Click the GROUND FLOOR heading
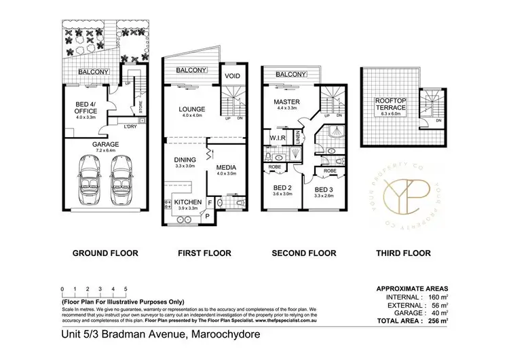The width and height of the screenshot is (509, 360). click(106, 253)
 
